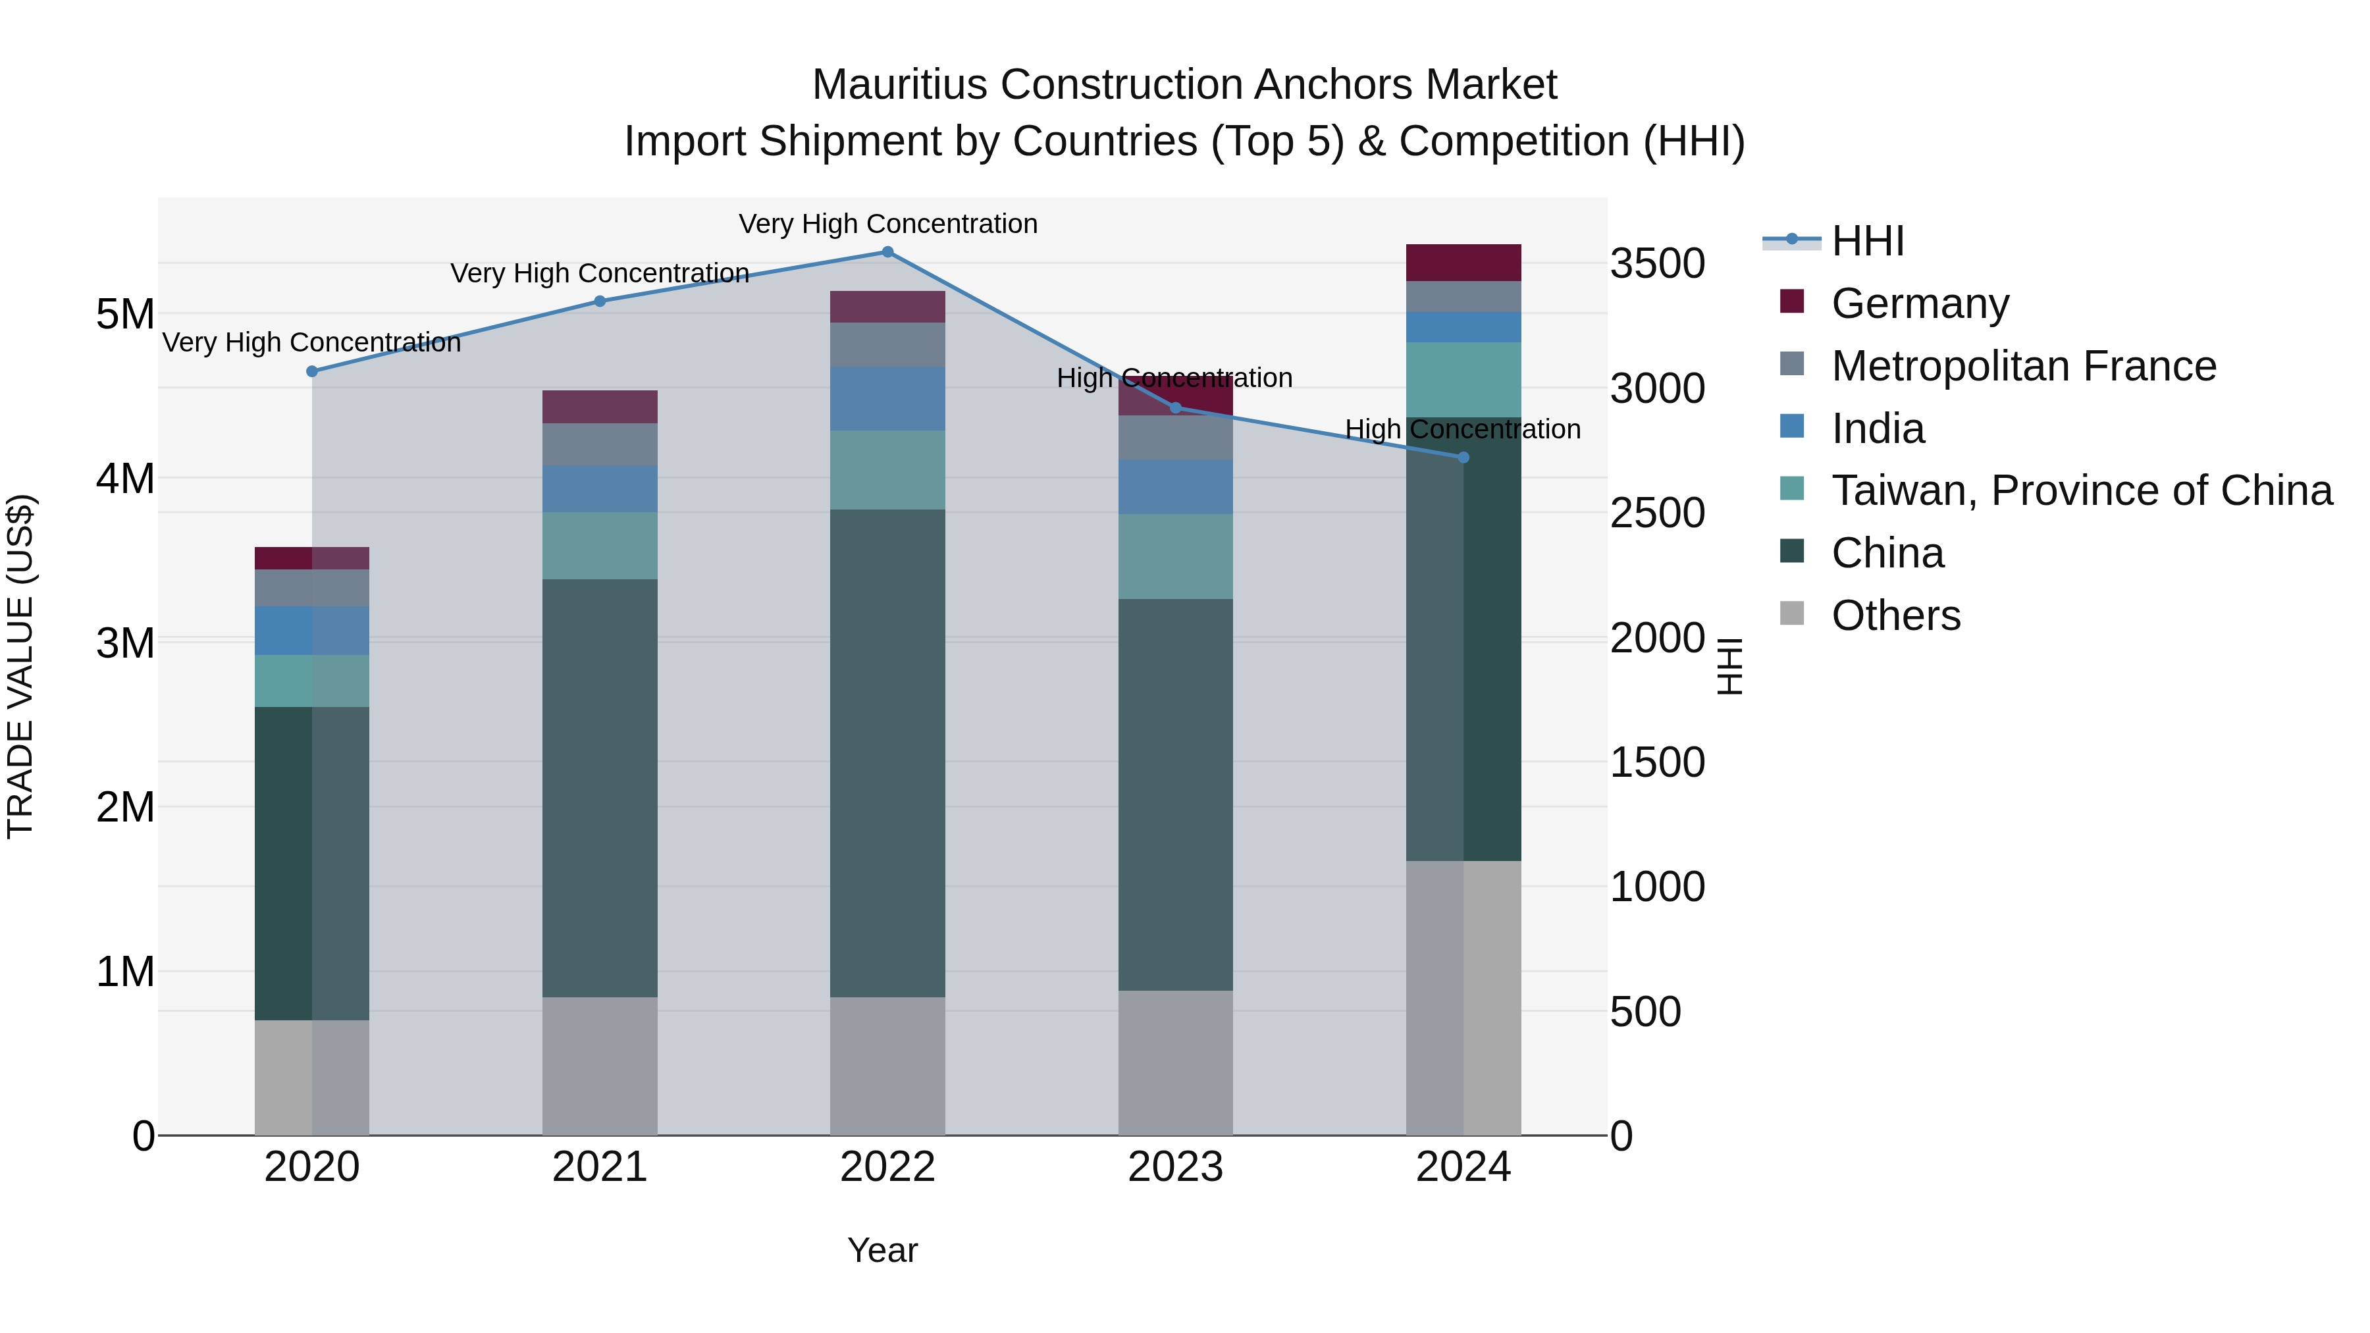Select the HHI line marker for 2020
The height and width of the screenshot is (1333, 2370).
(x=312, y=372)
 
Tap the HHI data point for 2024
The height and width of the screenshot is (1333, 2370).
(x=1463, y=457)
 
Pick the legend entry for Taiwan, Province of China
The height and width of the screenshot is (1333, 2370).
(x=2080, y=490)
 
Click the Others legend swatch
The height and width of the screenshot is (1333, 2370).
(x=1791, y=614)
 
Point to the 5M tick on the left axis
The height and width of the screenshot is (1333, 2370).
(x=125, y=315)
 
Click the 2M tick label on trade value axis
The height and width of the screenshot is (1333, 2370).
(x=125, y=807)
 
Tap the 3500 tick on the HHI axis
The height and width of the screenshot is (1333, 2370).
(x=1657, y=264)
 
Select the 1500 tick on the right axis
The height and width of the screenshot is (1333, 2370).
(x=1657, y=763)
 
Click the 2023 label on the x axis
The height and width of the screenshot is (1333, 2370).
(x=1175, y=1167)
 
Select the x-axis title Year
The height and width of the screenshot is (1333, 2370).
(x=882, y=1250)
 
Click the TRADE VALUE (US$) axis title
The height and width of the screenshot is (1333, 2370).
(x=20, y=666)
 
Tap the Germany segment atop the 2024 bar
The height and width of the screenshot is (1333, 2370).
(x=1463, y=263)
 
